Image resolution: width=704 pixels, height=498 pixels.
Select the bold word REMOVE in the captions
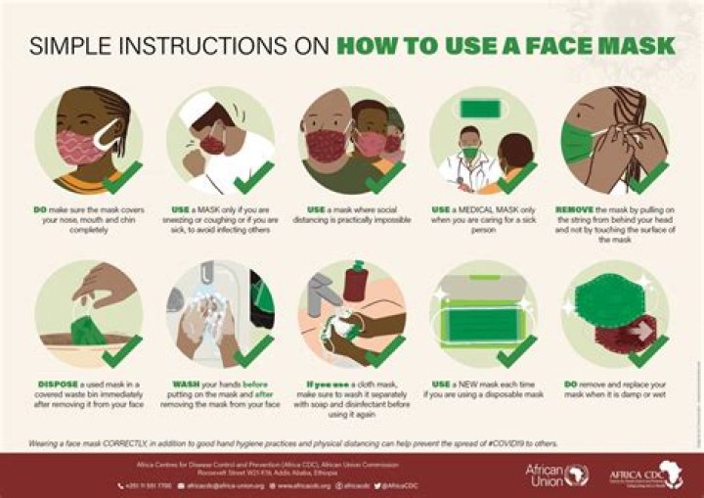coord(576,209)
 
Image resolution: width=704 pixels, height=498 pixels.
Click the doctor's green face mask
coord(470,153)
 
